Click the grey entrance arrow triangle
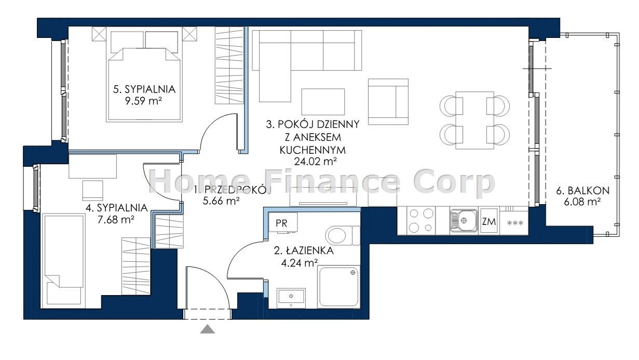point(208,329)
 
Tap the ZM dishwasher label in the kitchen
point(489,221)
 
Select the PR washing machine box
point(283,222)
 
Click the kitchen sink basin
point(463,220)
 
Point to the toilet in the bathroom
point(343,235)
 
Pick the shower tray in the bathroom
point(338,287)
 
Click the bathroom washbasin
point(291,298)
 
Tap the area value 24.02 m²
point(315,162)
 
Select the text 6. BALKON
point(583,191)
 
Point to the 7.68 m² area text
point(116,220)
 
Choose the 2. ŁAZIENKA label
point(304,251)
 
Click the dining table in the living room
point(474,120)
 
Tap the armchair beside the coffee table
point(388,102)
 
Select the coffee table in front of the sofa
point(323,101)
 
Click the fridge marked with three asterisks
point(514,223)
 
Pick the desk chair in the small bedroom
point(93,191)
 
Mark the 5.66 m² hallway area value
point(221,201)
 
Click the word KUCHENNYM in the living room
point(312,150)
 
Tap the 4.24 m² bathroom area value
point(299,262)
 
